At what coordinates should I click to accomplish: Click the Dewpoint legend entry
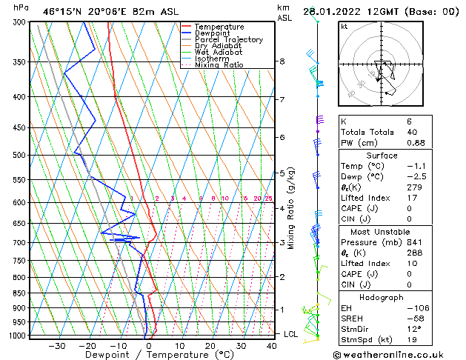tap(214, 33)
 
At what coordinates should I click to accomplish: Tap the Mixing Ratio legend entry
tap(218, 65)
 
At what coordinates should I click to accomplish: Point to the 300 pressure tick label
tap(19, 22)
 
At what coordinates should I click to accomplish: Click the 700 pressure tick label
tap(19, 243)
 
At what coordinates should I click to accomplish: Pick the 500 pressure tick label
tap(19, 156)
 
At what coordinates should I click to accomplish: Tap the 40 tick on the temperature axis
tap(272, 345)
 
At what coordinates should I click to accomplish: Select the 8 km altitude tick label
tap(282, 61)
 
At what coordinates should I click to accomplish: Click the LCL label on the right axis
tap(291, 334)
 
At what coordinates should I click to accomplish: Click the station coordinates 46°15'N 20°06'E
tap(79, 11)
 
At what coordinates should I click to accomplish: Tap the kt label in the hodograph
tap(344, 27)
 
